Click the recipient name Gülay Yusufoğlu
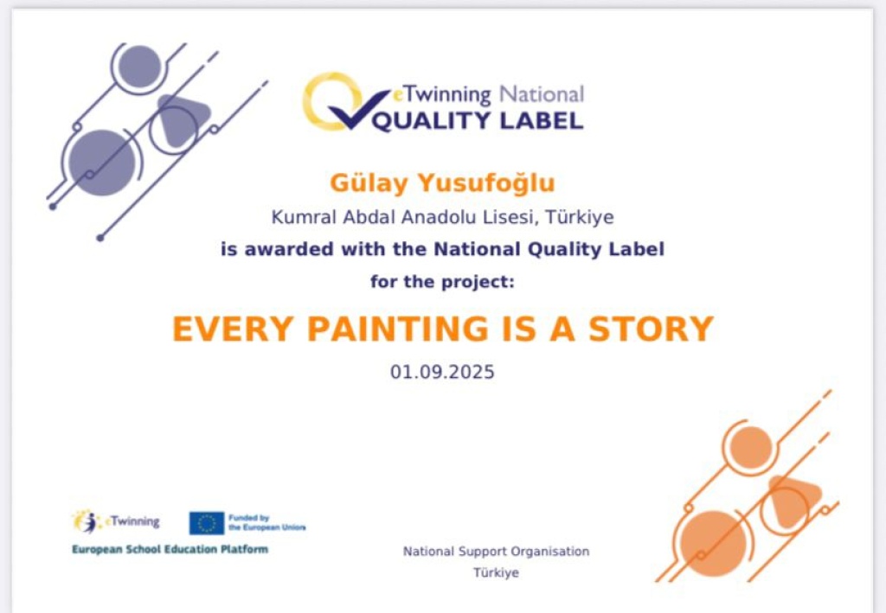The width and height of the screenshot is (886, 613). click(442, 183)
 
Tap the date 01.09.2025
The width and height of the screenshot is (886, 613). click(442, 372)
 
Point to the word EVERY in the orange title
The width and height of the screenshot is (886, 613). click(232, 329)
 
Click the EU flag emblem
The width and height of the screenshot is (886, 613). click(207, 523)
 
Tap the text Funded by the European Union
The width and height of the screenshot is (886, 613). click(266, 523)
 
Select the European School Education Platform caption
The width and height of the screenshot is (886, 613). click(170, 549)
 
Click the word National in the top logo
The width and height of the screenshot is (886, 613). click(542, 95)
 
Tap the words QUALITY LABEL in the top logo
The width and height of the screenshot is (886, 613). click(478, 121)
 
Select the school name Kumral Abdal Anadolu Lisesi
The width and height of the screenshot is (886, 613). click(402, 217)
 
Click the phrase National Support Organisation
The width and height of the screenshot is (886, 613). click(496, 552)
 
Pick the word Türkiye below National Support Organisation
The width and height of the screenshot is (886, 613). click(496, 573)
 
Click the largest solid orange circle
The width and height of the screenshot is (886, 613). click(713, 544)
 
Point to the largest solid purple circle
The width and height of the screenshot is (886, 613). click(102, 163)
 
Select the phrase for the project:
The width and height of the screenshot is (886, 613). click(442, 282)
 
